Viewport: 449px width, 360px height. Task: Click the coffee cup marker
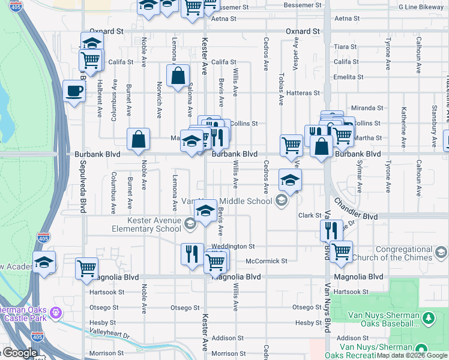coord(74,92)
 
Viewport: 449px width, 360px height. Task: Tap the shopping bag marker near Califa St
coord(178,76)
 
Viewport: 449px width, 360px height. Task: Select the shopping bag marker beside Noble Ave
coord(138,140)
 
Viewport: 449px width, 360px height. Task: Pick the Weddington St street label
coord(234,246)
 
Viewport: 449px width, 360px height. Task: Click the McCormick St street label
coord(267,261)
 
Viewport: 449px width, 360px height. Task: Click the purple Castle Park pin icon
coord(56,312)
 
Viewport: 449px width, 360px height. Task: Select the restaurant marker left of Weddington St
coord(192,253)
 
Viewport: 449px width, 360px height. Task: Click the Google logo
coord(20,353)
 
